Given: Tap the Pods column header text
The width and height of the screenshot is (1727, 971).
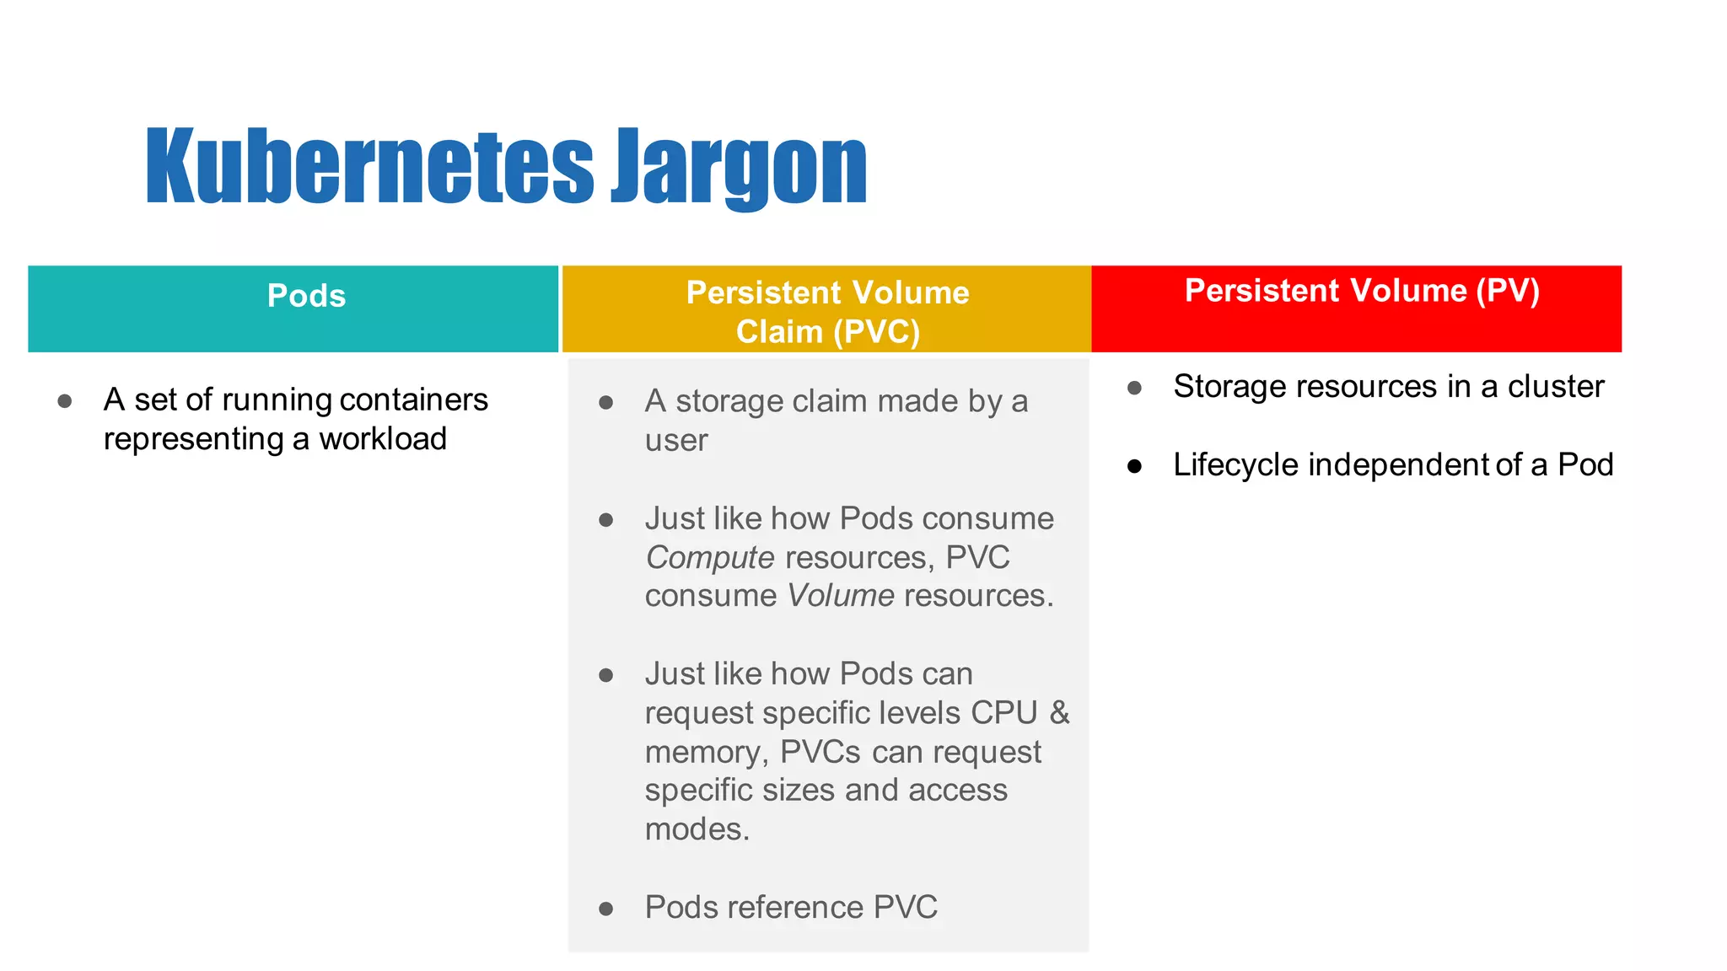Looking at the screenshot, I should coord(306,296).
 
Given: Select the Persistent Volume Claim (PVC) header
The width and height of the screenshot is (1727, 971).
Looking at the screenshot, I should coord(827,312).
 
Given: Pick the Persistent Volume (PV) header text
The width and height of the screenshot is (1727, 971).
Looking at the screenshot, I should coord(1362,291).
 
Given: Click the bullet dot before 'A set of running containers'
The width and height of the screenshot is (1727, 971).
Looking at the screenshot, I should coord(65,401).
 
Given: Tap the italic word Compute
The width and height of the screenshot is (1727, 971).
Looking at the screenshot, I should coord(709,558).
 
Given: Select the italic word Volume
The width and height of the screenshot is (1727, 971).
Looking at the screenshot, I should coord(840,596).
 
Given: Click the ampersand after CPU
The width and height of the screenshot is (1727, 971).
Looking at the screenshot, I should coord(1059,713).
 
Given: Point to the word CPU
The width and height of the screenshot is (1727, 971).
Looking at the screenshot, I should coord(1003,713).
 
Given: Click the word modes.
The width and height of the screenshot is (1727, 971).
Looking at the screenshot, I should coord(697,829).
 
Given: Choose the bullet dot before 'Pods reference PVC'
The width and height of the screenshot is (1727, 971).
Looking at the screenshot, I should coord(605,909).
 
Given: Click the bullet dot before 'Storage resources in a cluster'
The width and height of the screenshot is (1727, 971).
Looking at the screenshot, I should coord(1135,388).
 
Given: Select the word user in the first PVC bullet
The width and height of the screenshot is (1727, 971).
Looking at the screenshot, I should coord(676,441).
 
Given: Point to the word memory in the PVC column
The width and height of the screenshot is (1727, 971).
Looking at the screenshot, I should coord(706,752).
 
